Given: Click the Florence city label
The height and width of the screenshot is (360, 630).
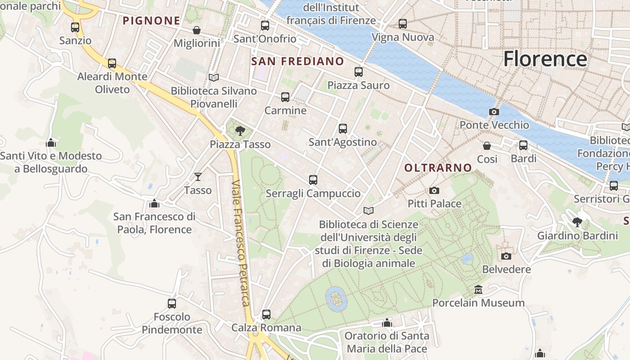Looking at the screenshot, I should point(545,59).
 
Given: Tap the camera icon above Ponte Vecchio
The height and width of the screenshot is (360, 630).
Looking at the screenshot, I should point(494,112).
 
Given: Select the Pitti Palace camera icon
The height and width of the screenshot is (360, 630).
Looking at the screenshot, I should point(434,190).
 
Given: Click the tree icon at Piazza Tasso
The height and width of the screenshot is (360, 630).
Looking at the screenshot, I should point(240,131).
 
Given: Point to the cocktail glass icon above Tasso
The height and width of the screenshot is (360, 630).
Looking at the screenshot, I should point(198,177).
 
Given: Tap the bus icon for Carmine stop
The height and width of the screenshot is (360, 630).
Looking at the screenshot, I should point(285,97).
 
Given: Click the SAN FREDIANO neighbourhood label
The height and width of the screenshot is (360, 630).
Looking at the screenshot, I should point(297,61).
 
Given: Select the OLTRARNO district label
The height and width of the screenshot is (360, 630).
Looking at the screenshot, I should point(438,168).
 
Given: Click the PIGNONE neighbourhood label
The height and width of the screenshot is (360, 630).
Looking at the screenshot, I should point(152,21).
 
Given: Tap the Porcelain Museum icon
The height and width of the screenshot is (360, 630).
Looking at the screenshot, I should point(478,289).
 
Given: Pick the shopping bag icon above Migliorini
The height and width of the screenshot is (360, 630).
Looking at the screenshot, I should point(197,30).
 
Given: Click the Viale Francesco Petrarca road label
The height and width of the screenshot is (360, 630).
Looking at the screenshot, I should point(241,243).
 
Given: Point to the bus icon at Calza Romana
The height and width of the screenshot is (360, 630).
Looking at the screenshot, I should point(266,314).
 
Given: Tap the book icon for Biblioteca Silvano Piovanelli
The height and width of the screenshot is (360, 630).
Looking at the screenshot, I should point(214,77).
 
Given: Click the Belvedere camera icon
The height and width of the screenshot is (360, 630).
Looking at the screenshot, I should point(506,256).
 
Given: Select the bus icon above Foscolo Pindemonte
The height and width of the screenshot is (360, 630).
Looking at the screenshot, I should point(172,303).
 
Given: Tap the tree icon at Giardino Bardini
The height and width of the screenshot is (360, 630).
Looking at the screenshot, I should point(577,222).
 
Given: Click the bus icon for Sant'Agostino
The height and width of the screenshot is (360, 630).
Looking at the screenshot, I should point(343,129).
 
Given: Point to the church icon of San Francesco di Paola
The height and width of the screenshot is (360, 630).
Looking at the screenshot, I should point(154,203).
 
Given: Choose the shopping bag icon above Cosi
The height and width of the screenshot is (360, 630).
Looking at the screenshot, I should point(487,146).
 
